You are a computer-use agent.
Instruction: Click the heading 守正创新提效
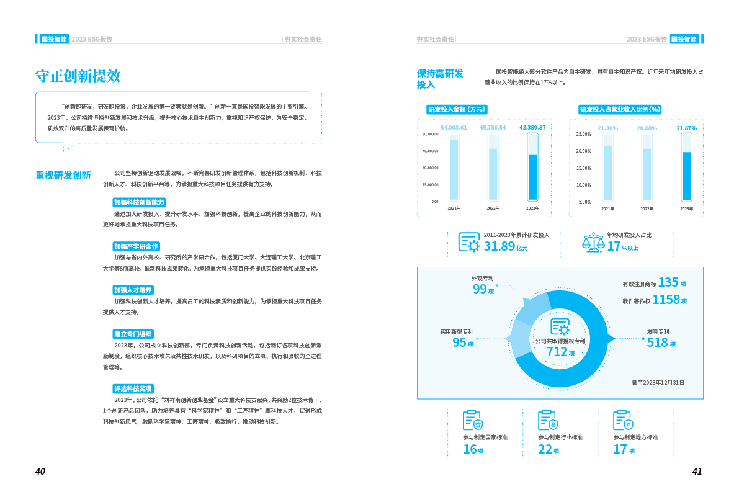click(78, 76)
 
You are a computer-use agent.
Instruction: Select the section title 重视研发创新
click(63, 175)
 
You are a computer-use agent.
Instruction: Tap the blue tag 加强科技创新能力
click(139, 203)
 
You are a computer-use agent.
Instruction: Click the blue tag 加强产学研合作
click(136, 246)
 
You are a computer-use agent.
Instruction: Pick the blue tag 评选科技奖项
click(133, 388)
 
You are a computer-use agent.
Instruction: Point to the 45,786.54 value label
click(493, 127)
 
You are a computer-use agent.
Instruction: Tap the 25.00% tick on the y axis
click(583, 134)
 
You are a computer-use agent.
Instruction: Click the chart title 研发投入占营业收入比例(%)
click(620, 109)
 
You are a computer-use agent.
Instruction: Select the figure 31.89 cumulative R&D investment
click(499, 246)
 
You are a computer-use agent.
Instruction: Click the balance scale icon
click(593, 242)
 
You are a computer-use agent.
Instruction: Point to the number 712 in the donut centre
click(556, 351)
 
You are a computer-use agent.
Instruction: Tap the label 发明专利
click(658, 332)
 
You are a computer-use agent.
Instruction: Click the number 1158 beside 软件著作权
click(666, 300)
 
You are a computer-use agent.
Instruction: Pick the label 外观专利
click(482, 279)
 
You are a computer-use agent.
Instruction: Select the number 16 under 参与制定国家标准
click(470, 449)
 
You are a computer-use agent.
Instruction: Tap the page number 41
click(697, 472)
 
